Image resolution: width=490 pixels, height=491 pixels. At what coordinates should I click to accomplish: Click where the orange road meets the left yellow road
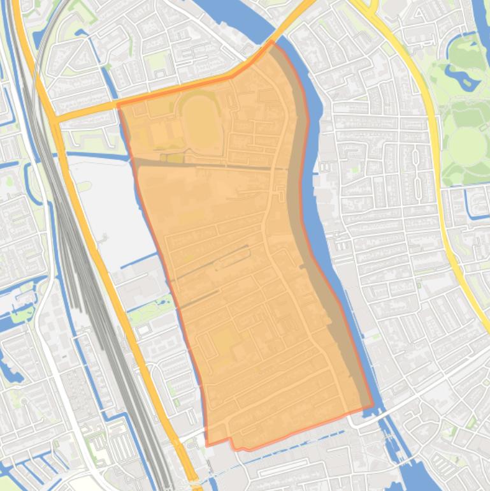pyautogui.click(x=54, y=119)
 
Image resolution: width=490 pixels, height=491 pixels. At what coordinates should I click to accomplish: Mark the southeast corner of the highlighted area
pyautogui.click(x=373, y=405)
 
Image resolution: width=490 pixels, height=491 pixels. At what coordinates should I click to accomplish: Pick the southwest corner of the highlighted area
pyautogui.click(x=207, y=444)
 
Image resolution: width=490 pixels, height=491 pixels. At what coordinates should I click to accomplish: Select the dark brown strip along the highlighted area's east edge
pyautogui.click(x=297, y=191)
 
